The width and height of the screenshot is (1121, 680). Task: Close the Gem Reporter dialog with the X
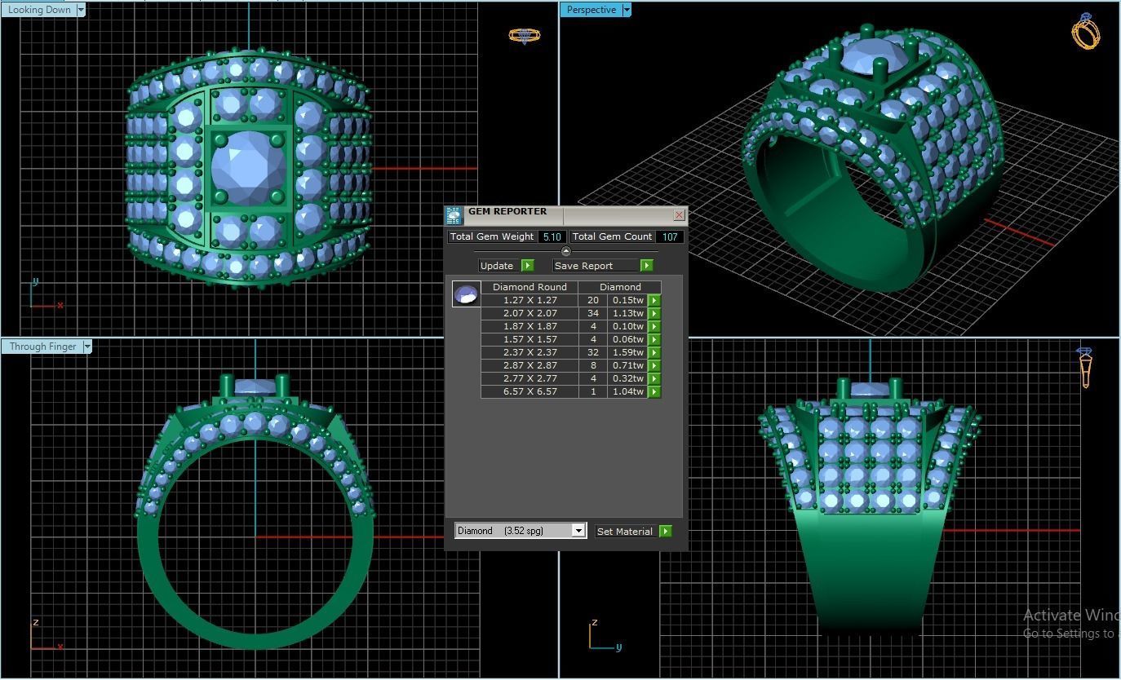point(679,215)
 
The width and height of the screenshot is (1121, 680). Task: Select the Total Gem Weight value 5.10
point(552,237)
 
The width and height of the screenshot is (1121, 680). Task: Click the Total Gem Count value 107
point(670,237)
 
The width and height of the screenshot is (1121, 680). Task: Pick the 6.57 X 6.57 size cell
point(529,391)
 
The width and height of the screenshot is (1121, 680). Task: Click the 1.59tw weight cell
point(627,352)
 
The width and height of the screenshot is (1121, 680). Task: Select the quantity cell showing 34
point(592,313)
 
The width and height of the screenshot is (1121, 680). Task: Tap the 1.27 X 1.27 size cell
point(529,300)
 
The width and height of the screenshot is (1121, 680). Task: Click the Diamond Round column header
point(529,287)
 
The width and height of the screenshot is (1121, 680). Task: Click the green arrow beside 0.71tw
point(654,365)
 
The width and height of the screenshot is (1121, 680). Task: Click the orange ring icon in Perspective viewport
point(1085,32)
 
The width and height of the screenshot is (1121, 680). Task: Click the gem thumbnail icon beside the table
point(466,294)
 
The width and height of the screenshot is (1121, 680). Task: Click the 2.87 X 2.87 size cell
point(529,365)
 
